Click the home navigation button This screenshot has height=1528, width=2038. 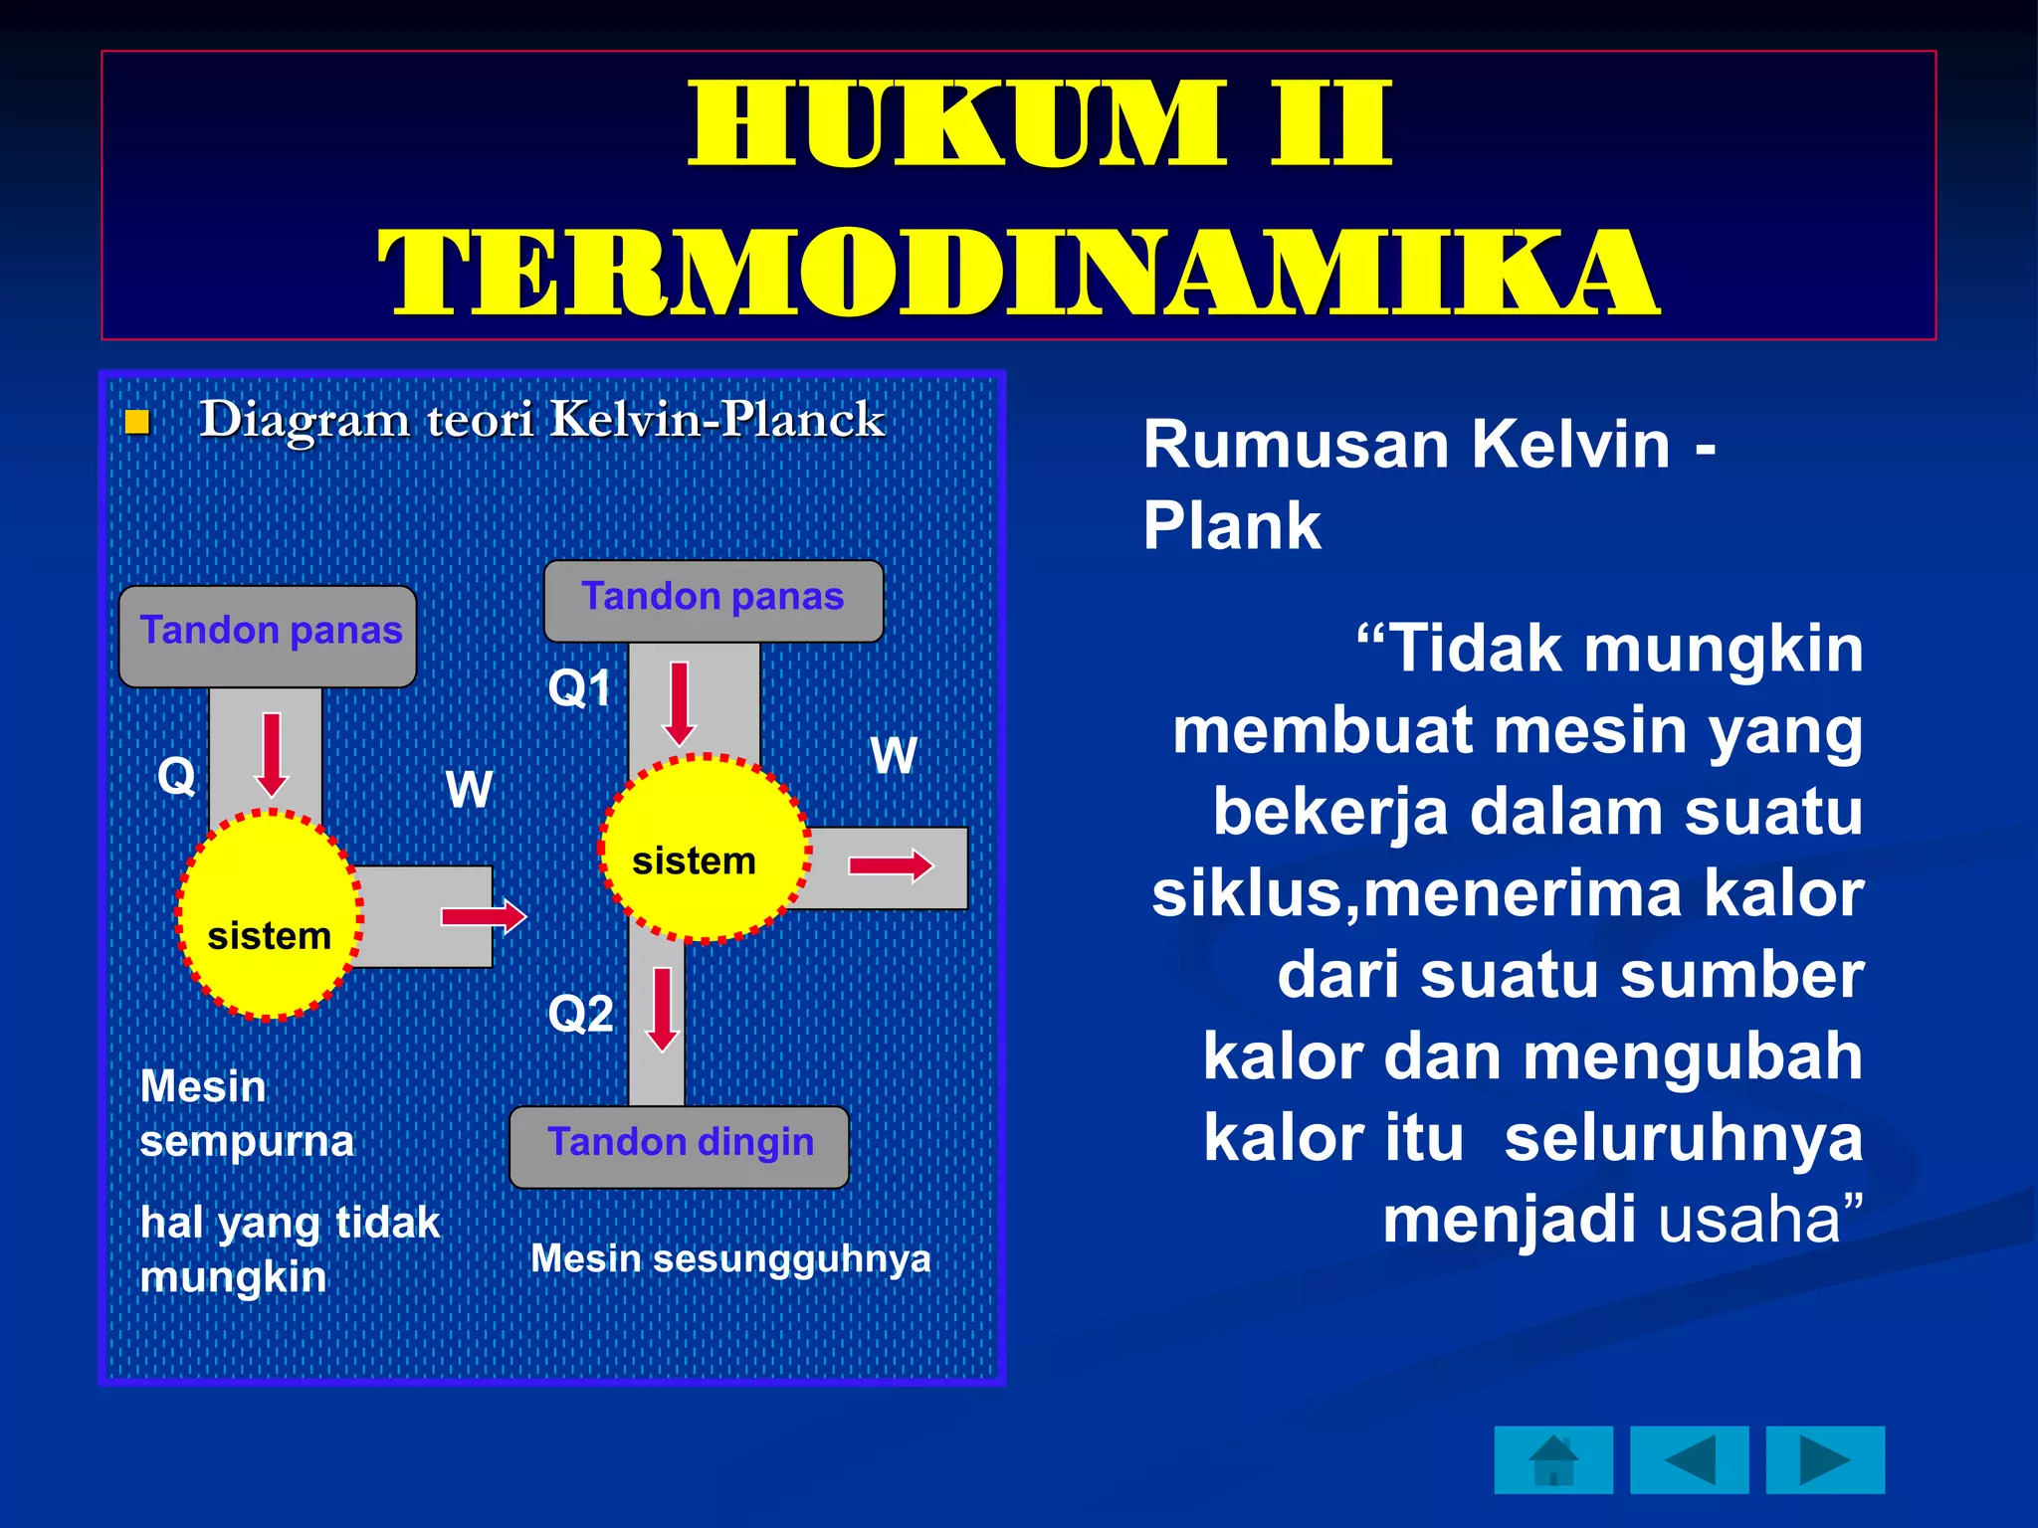coord(1552,1459)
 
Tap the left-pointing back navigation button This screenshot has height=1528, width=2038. coord(1689,1459)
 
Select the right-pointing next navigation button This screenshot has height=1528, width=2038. coord(1825,1459)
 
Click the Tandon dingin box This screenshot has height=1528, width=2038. coord(680,1146)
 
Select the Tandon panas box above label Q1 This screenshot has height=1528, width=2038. coord(713,600)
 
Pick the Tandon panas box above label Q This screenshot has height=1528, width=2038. coord(268,636)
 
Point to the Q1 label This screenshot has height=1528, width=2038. coord(579,688)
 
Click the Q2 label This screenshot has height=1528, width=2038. coord(580,1015)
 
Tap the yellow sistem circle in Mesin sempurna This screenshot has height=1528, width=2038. coord(269,915)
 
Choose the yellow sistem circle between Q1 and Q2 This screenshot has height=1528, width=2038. coord(705,848)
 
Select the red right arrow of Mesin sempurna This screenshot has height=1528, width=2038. coord(484,915)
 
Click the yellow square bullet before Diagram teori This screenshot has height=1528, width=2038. coord(137,423)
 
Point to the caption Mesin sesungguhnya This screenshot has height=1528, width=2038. coord(730,1258)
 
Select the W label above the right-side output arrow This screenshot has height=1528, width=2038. coord(893,756)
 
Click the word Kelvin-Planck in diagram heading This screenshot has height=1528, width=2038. coord(716,419)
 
